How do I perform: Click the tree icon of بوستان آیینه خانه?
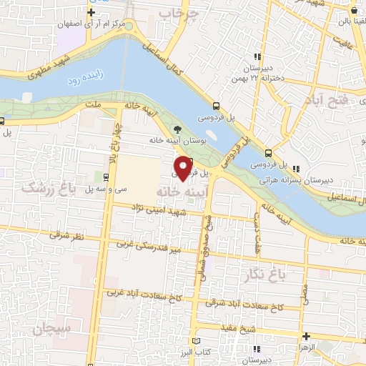[177, 129]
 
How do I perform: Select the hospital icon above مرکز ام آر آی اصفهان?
[90, 13]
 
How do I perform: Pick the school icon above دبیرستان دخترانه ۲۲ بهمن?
[256, 58]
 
